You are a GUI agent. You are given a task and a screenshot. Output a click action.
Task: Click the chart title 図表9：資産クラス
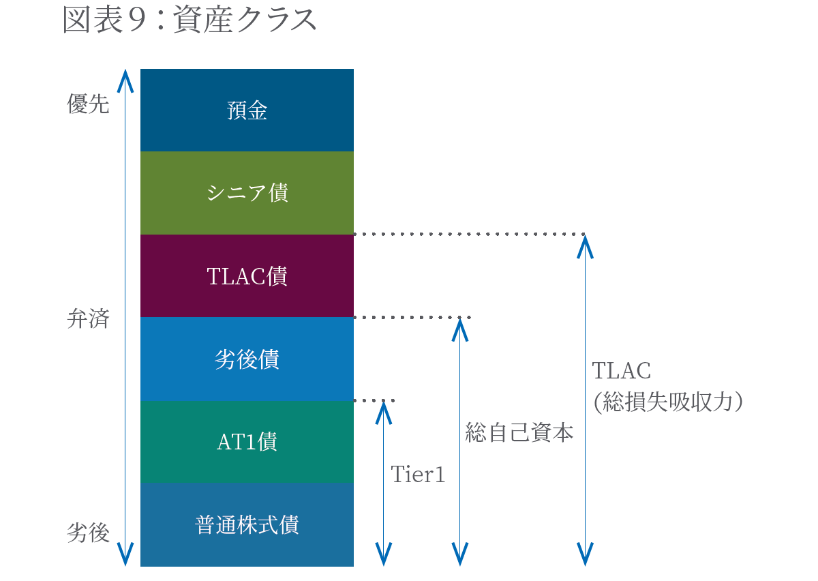pos(190,21)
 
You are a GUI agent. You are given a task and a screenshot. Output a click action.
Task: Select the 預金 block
pos(247,110)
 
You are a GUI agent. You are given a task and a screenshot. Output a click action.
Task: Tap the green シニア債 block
pos(247,193)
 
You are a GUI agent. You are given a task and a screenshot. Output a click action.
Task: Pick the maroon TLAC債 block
pos(247,276)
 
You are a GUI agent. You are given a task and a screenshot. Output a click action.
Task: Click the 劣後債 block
pos(247,359)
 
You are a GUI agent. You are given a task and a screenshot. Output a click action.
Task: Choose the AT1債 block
pos(247,443)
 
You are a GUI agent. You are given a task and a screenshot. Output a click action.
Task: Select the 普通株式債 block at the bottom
pos(247,525)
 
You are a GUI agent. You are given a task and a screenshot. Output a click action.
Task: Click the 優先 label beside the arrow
pos(88,104)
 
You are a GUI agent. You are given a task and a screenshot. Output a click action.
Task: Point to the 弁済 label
pos(88,318)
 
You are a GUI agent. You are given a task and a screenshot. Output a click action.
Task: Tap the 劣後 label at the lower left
pos(88,533)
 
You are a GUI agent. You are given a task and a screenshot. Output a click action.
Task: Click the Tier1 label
pos(418,475)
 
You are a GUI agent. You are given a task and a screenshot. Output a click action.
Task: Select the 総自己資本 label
pos(519,432)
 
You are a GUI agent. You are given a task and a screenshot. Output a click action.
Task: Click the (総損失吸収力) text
pos(667,402)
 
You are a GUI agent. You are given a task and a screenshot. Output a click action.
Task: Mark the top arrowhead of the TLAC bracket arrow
pos(585,244)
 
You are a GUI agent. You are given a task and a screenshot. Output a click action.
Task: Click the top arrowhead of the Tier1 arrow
pos(384,411)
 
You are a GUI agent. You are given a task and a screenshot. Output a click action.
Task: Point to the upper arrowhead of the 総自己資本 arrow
pos(460,328)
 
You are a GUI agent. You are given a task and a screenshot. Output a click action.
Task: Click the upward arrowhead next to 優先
pos(125,80)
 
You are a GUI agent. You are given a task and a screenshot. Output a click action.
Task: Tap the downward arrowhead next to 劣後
pos(125,555)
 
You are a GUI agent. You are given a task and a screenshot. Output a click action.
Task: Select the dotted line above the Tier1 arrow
pos(375,400)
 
